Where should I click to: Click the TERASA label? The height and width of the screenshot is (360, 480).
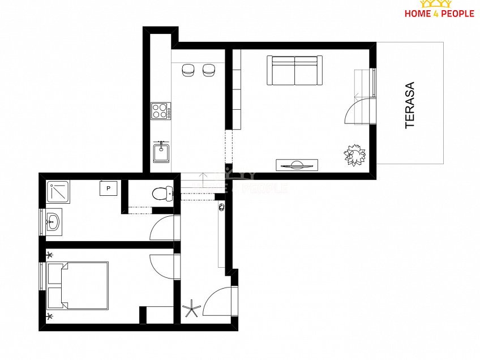410,105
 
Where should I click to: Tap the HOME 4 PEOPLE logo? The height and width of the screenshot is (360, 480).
439,9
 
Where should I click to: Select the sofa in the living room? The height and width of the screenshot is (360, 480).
294,70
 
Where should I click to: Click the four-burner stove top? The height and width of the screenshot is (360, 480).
161,111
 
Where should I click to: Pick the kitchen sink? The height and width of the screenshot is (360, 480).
161,152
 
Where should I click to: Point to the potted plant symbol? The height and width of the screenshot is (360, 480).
355,155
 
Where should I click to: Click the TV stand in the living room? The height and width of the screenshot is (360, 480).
297,165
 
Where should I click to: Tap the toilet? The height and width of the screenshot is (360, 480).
162,193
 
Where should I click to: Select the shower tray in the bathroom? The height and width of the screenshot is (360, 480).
58,192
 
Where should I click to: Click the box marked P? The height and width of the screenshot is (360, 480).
108,188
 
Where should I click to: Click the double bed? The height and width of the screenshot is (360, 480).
78,285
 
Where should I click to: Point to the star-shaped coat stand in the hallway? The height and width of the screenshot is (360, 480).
191,308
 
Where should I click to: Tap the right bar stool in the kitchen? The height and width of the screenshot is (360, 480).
209,70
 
